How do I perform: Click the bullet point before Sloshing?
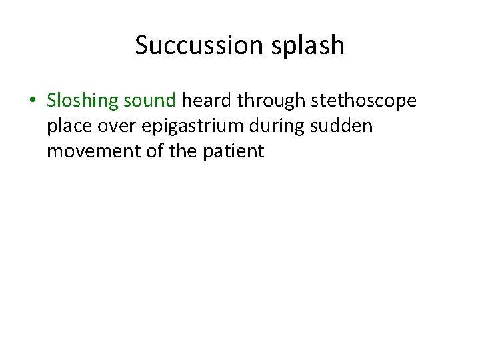click(x=32, y=101)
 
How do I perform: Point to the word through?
click(x=270, y=101)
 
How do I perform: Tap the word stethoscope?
click(x=362, y=101)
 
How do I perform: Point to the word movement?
click(x=89, y=151)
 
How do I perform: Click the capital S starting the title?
click(x=141, y=45)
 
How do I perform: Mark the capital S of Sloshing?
click(x=51, y=101)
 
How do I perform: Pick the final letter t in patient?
click(x=261, y=151)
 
